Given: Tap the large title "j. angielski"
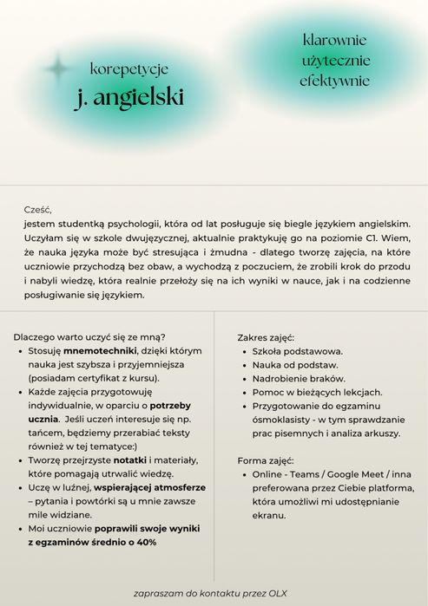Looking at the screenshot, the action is click(128, 97).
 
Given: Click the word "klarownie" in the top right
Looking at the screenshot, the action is click(334, 40).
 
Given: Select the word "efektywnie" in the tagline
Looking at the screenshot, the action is click(334, 81).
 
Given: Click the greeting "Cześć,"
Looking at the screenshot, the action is click(38, 209).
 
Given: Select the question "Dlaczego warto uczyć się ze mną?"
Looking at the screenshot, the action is click(90, 336).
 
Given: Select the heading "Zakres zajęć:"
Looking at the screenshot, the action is click(266, 336).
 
